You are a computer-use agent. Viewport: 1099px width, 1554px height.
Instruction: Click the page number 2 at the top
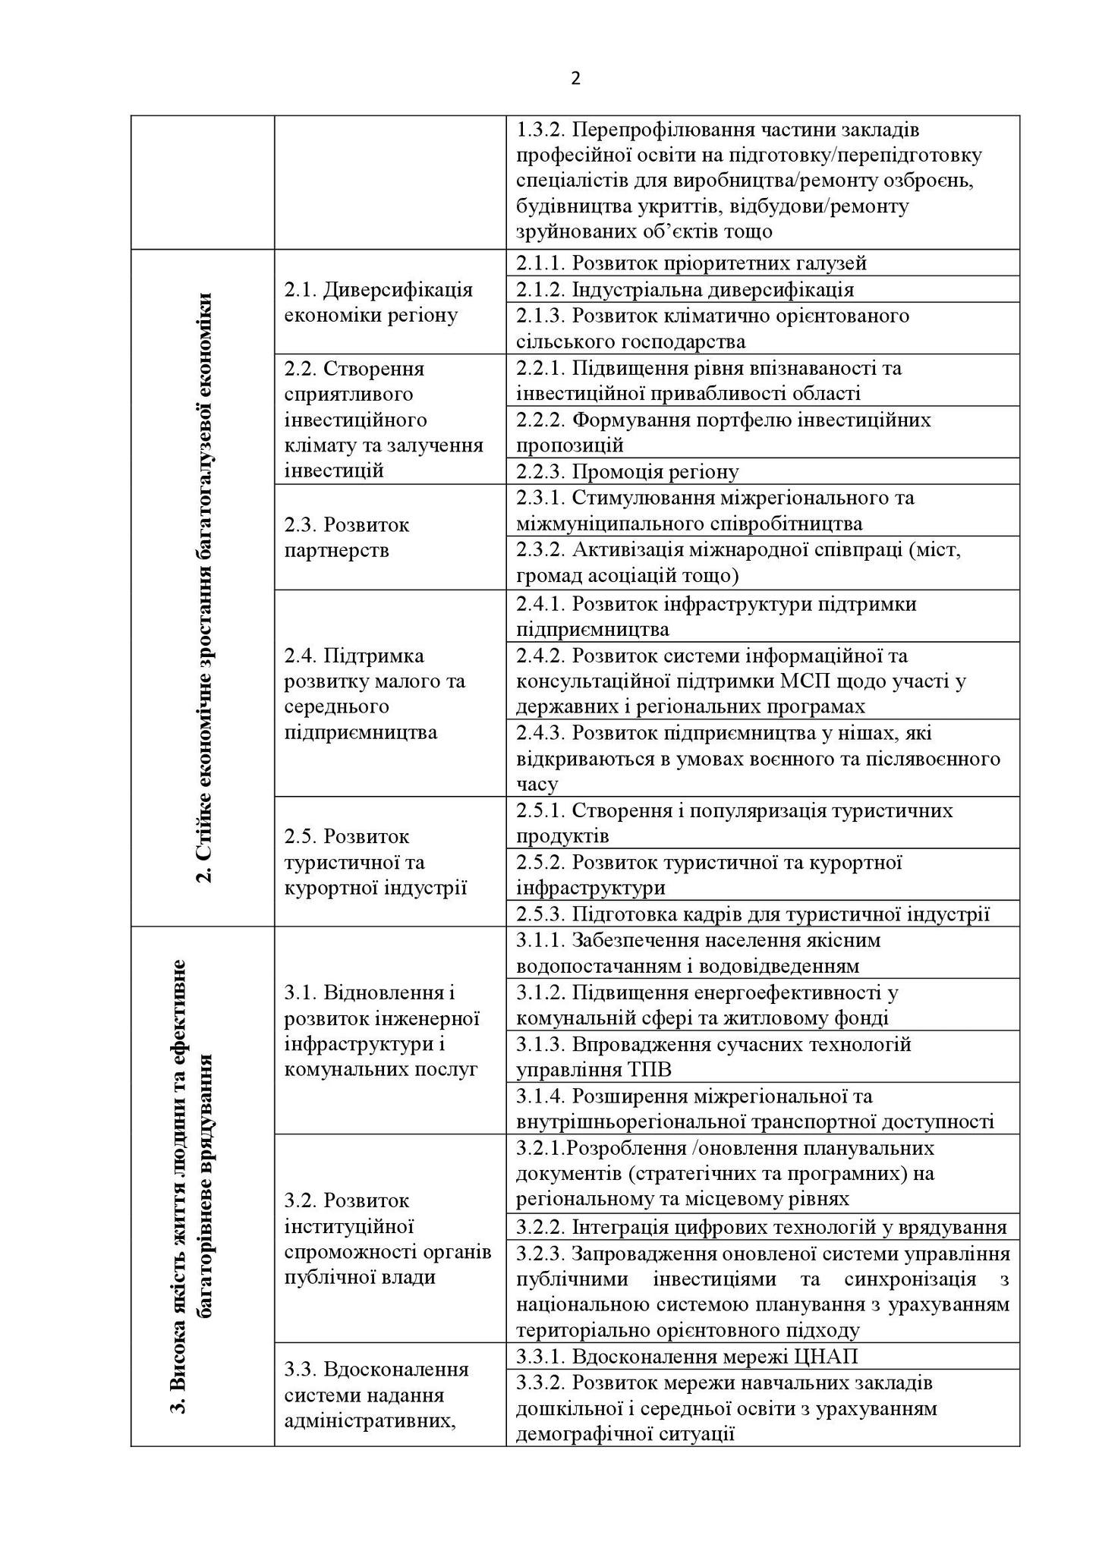[x=575, y=79]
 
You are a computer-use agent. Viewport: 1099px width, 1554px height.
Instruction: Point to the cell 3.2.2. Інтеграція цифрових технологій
[x=761, y=1227]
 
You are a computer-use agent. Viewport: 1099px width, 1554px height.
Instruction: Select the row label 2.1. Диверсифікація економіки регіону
[x=378, y=302]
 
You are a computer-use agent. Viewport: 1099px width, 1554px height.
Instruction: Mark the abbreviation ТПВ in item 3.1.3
[x=647, y=1070]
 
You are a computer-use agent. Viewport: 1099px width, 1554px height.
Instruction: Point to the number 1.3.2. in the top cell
[x=540, y=130]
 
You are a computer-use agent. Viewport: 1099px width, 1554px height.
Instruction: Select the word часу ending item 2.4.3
[x=537, y=784]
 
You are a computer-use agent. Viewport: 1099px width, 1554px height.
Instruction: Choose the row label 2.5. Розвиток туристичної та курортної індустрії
[x=375, y=862]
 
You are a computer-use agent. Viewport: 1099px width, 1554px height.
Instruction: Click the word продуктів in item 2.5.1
[x=562, y=836]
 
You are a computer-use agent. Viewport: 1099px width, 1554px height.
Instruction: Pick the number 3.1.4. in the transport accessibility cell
[x=540, y=1096]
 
